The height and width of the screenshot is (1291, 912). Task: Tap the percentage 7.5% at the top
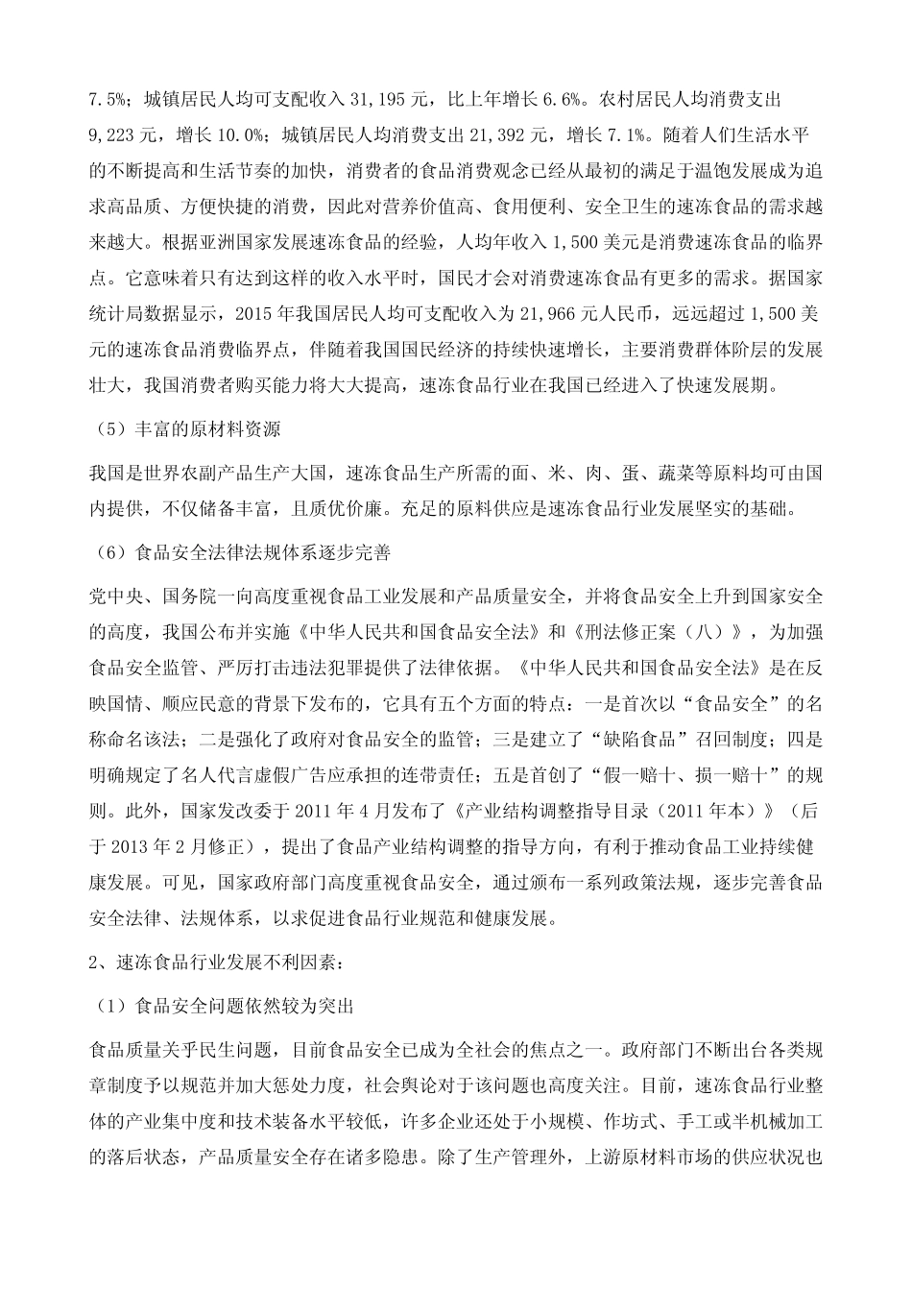pos(108,99)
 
